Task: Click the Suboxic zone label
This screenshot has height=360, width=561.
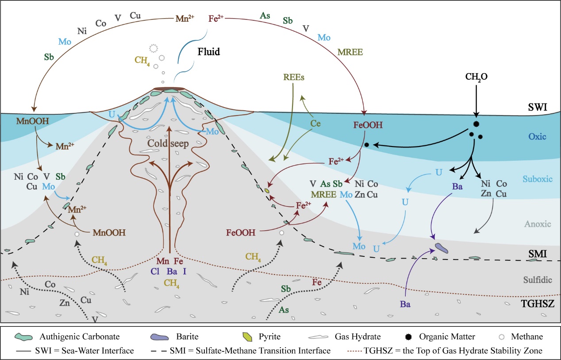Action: pos(537,179)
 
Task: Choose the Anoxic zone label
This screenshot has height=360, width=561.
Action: pos(536,224)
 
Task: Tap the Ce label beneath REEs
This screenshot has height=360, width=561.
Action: pos(315,124)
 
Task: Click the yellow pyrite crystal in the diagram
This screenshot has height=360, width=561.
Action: pos(267,190)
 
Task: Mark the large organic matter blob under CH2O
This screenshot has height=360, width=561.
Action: pos(476,124)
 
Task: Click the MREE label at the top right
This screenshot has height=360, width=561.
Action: pos(350,52)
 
